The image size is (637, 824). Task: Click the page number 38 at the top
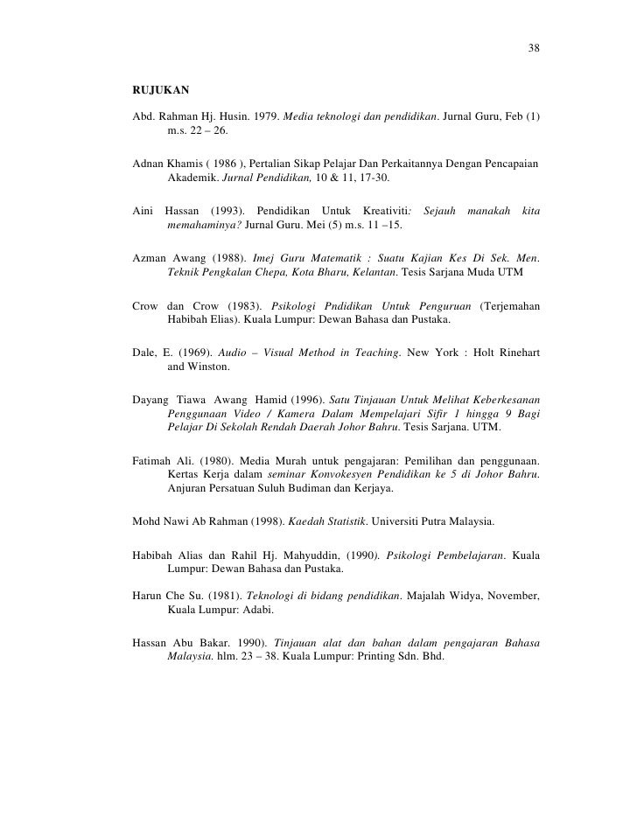(534, 47)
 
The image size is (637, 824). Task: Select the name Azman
(149, 261)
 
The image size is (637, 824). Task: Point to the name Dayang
(150, 401)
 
